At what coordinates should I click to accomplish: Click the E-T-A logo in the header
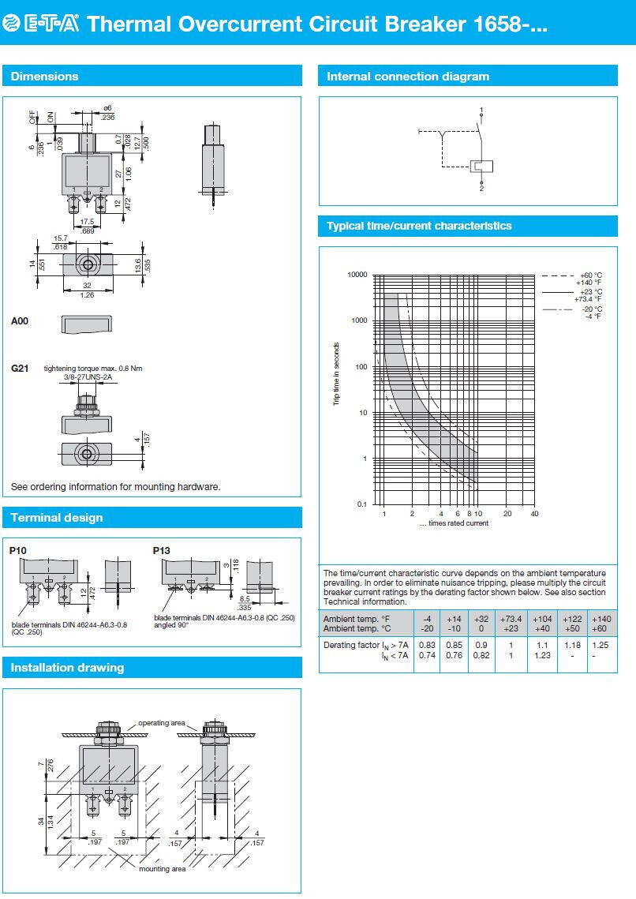(x=41, y=24)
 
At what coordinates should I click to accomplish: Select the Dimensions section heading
(x=44, y=77)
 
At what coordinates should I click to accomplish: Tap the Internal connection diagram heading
(x=408, y=77)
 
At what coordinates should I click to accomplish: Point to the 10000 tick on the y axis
(x=357, y=275)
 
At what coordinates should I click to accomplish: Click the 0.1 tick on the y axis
(x=362, y=504)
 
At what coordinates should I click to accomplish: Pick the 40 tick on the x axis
(x=534, y=514)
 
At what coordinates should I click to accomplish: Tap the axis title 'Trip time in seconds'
(x=336, y=374)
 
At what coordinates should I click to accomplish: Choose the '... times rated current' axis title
(x=454, y=523)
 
